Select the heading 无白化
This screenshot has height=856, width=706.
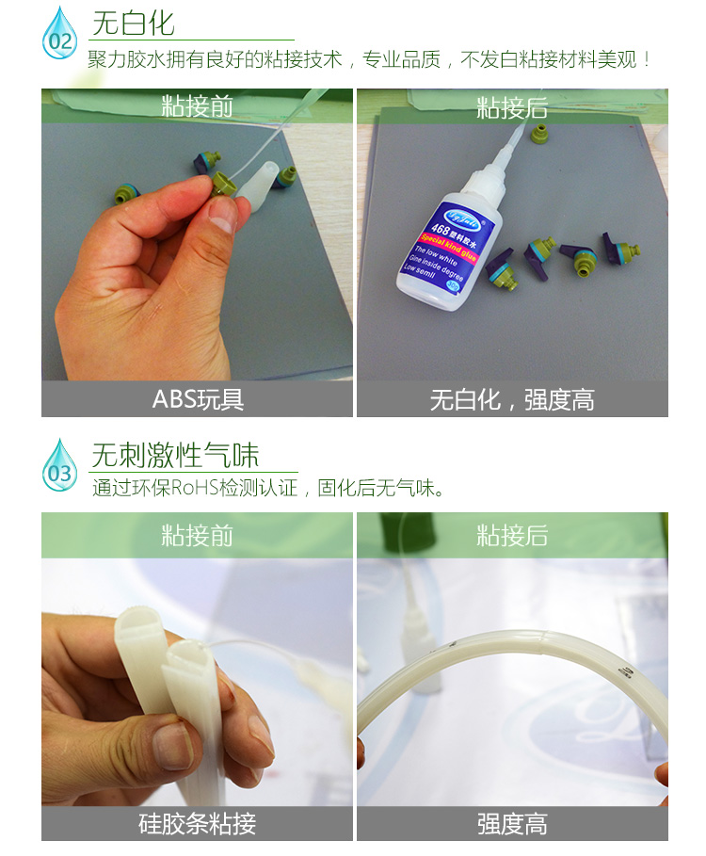pyautogui.click(x=133, y=23)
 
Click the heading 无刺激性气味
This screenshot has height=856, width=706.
pyautogui.click(x=174, y=455)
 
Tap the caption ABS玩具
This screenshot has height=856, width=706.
pyautogui.click(x=198, y=399)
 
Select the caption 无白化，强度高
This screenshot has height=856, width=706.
pyautogui.click(x=512, y=399)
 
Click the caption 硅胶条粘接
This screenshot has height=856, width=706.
pyautogui.click(x=198, y=825)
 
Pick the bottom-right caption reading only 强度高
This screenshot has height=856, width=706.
pyautogui.click(x=512, y=825)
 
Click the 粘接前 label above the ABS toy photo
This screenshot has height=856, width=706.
pyautogui.click(x=198, y=105)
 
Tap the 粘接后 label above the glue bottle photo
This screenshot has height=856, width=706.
pyautogui.click(x=512, y=107)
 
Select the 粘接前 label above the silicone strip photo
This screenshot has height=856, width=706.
pyautogui.click(x=198, y=536)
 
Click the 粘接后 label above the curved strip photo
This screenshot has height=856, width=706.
pyautogui.click(x=512, y=536)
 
